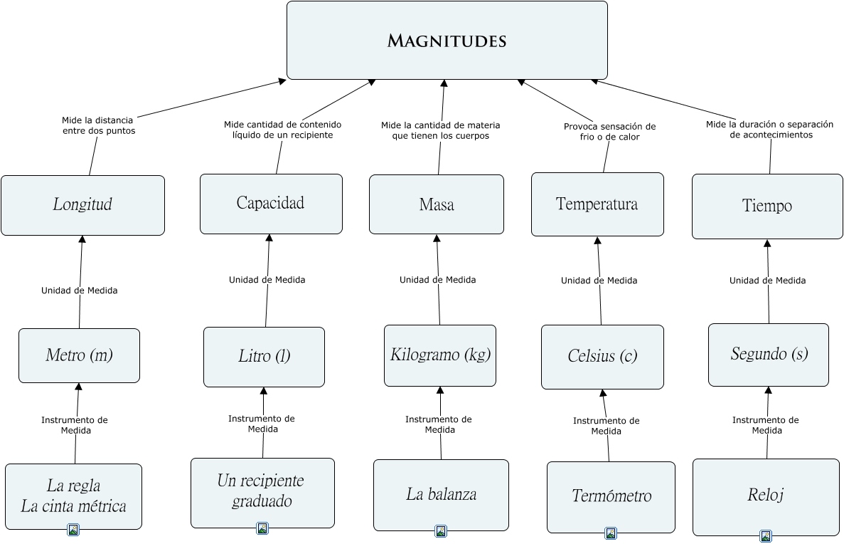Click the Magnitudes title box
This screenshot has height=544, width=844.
click(x=447, y=40)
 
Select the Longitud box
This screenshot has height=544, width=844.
click(x=82, y=205)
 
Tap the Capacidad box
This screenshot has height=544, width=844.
click(x=271, y=204)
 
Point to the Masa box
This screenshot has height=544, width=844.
click(x=436, y=205)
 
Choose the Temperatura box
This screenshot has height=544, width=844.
click(x=597, y=204)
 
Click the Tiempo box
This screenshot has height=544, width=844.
click(x=767, y=206)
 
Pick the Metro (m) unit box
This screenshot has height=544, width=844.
click(x=79, y=355)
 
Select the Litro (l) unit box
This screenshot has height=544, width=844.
click(x=264, y=357)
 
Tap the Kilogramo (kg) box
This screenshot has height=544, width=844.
click(x=440, y=355)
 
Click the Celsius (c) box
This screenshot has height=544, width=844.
click(x=602, y=357)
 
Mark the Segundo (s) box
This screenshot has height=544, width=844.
click(x=769, y=355)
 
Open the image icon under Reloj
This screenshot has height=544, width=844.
click(x=766, y=536)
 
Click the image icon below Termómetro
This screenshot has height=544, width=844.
click(x=611, y=533)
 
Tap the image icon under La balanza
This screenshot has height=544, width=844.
click(x=441, y=531)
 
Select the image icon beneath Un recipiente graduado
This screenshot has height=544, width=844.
click(x=262, y=528)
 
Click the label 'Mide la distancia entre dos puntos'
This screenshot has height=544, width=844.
click(x=97, y=126)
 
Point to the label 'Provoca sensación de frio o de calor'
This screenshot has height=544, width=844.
click(x=609, y=132)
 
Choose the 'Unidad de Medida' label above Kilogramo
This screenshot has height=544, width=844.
click(x=437, y=280)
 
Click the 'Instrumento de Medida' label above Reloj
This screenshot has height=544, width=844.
click(x=766, y=425)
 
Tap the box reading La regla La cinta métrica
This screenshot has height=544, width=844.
click(x=73, y=496)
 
